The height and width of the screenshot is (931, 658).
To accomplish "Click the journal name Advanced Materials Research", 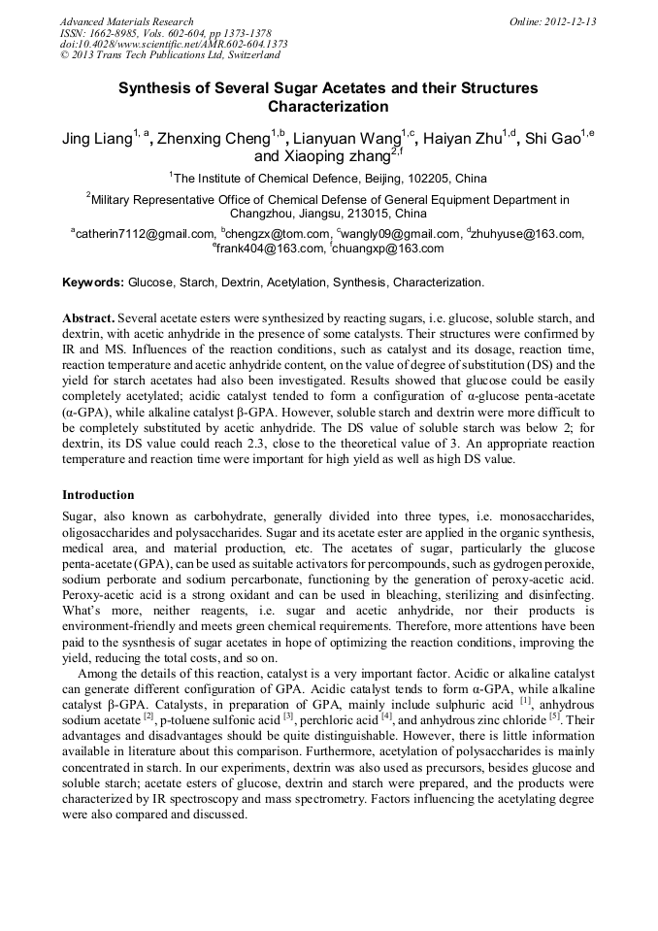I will click(x=126, y=21).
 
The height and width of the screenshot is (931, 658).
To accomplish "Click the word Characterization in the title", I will click(x=328, y=107).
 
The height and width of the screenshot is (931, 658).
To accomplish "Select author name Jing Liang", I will click(x=96, y=139).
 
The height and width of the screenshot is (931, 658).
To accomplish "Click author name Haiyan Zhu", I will click(x=470, y=139).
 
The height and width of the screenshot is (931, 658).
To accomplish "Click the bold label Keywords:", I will click(x=93, y=283).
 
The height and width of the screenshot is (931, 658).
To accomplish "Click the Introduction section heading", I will click(x=99, y=495).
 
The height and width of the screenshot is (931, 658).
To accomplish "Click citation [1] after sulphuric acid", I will click(x=525, y=700).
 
